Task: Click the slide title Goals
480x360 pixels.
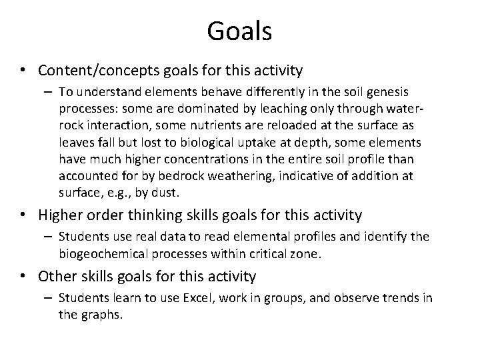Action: [239, 31]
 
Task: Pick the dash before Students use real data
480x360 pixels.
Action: [49, 236]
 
